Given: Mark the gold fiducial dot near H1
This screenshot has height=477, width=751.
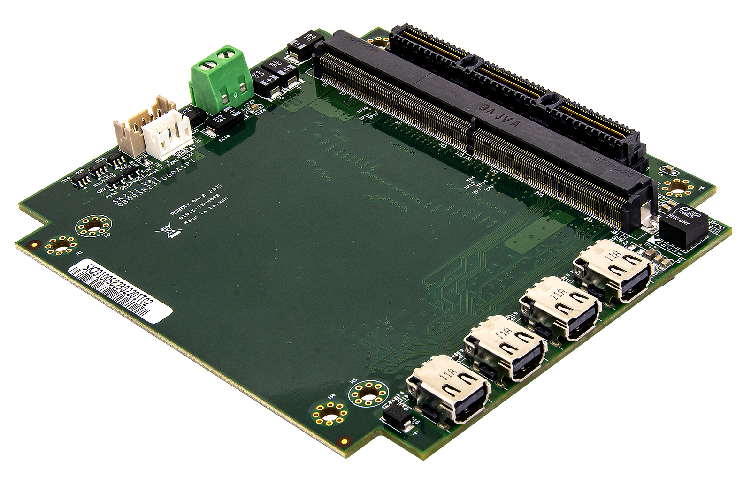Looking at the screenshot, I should pyautogui.click(x=33, y=244).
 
